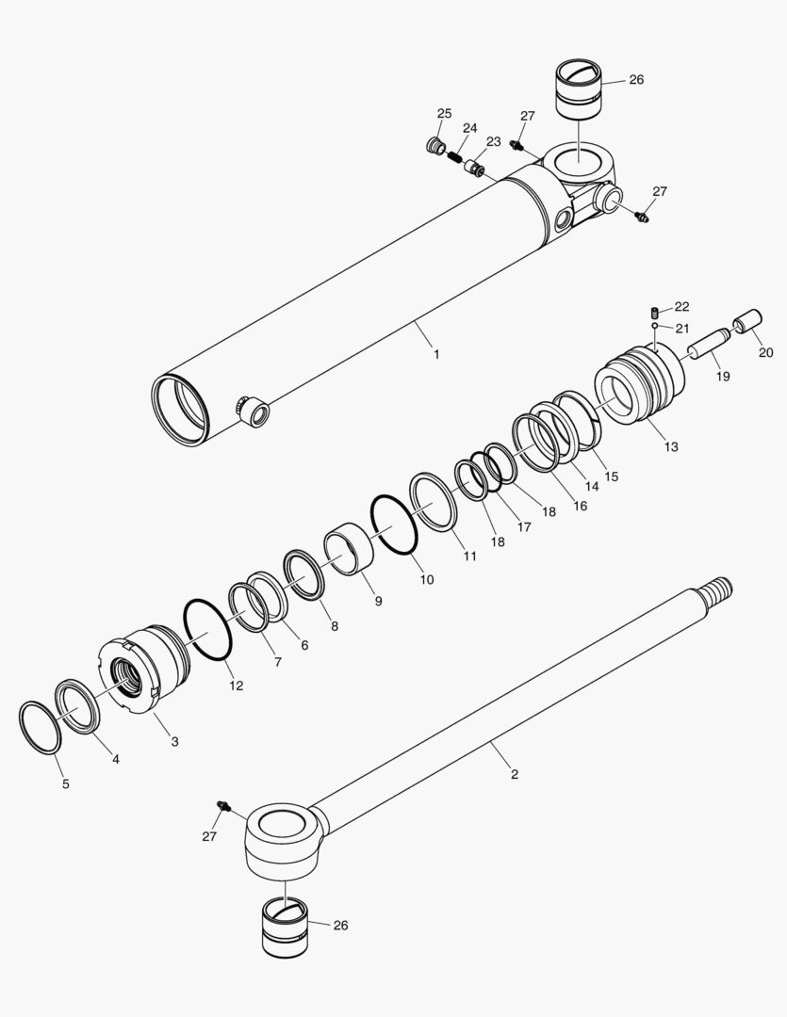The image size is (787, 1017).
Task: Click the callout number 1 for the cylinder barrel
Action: tap(436, 354)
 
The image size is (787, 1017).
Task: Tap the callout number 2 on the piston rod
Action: tap(514, 775)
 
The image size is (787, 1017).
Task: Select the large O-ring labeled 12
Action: tap(207, 629)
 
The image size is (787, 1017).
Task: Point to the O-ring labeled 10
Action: tap(395, 525)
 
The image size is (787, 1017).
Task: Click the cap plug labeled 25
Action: tap(434, 146)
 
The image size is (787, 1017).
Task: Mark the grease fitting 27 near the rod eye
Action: tap(225, 808)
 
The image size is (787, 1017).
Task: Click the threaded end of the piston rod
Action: tap(719, 593)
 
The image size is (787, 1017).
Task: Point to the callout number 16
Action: tap(580, 506)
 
